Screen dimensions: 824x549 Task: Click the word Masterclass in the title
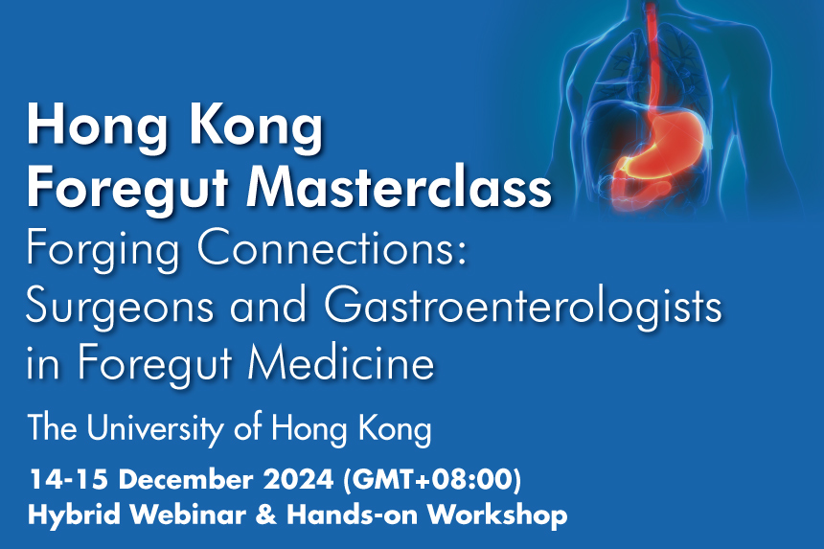[x=399, y=187]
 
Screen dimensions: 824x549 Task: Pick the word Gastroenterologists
[x=523, y=308]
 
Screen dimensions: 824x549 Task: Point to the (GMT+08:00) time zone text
[x=432, y=480]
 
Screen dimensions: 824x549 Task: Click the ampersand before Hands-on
[x=266, y=515]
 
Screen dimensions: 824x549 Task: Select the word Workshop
[x=496, y=515]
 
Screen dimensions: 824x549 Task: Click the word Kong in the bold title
[x=256, y=128]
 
